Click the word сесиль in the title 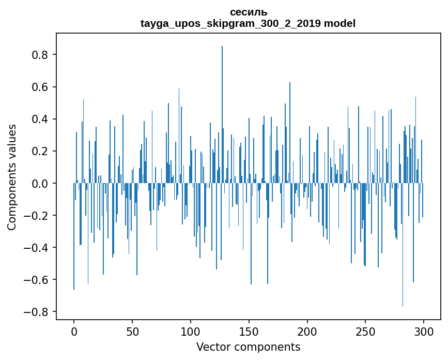click(x=248, y=12)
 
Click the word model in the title click(x=339, y=24)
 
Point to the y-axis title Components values click(x=12, y=177)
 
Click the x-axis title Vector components click(x=248, y=347)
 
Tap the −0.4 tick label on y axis click(x=37, y=248)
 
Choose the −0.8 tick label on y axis click(x=37, y=312)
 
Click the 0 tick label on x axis click(x=74, y=331)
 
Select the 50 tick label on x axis click(x=132, y=331)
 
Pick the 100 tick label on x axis click(x=191, y=331)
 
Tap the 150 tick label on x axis click(x=249, y=331)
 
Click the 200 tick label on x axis click(x=307, y=331)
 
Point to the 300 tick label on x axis click(x=424, y=331)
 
